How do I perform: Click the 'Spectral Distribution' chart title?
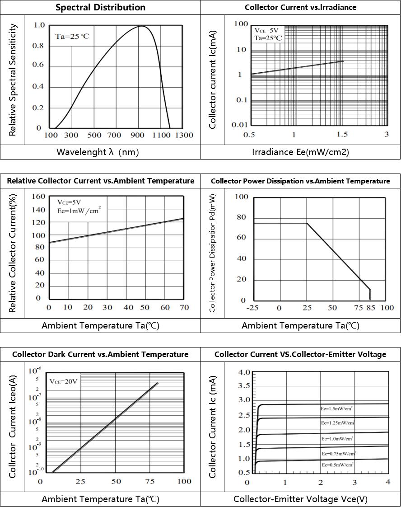point(100,7)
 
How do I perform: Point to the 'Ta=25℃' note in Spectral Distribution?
point(72,36)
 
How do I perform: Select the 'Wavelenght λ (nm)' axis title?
point(98,152)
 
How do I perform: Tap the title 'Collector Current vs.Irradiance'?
point(300,7)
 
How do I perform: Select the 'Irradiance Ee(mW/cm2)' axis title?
point(300,152)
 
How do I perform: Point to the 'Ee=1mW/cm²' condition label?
point(79,210)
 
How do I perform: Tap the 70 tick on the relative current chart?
point(184,308)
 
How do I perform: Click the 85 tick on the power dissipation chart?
point(371,308)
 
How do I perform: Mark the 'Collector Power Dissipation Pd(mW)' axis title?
point(213,253)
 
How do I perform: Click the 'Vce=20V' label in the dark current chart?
point(63,381)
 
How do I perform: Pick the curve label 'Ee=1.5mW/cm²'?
point(337,408)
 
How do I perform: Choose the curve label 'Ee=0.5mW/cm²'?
point(337,465)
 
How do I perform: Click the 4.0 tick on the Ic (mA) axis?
point(244,372)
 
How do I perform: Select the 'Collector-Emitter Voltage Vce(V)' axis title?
point(300,499)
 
